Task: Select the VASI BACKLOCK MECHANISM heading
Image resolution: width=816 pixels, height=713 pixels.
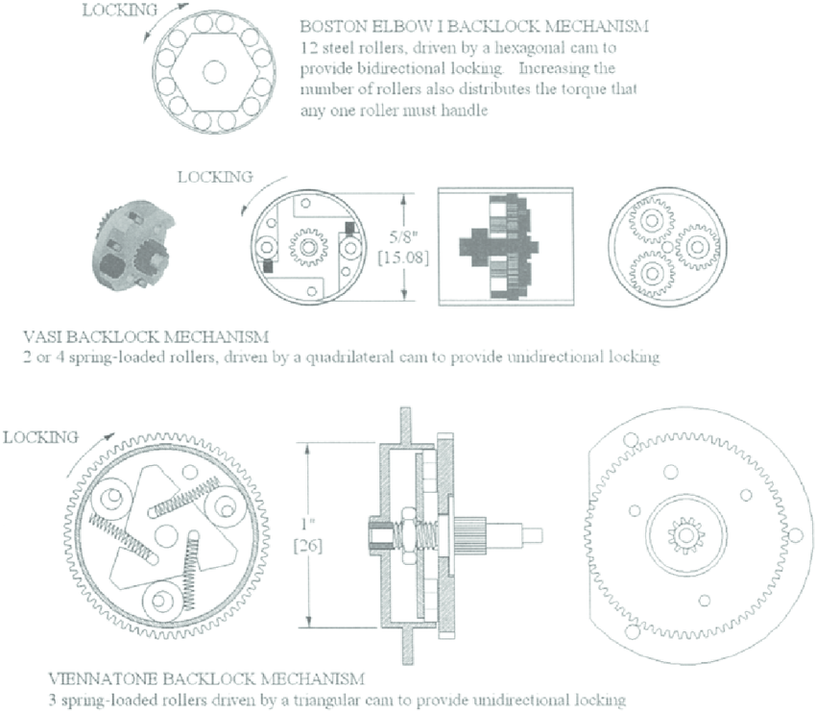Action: (x=145, y=337)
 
